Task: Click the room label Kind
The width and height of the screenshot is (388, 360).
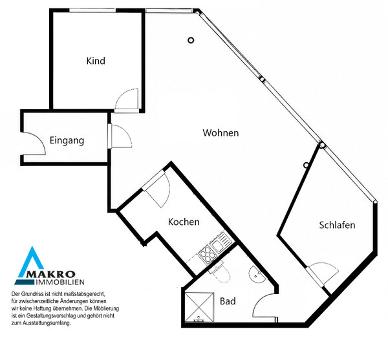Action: (96, 61)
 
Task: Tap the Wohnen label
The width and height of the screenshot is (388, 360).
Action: (221, 132)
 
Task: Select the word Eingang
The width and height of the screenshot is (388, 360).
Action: (67, 140)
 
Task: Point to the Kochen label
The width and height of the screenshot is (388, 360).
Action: (184, 222)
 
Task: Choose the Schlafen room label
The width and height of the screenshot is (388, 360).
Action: (337, 225)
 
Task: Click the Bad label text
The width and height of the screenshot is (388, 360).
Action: (228, 301)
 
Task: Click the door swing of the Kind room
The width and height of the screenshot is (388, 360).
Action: (127, 99)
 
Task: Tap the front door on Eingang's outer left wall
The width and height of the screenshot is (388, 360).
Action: (34, 143)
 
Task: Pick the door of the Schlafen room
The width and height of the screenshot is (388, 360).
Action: (321, 274)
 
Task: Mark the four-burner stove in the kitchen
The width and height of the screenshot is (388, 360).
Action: (206, 254)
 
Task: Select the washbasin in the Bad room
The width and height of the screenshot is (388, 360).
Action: (256, 275)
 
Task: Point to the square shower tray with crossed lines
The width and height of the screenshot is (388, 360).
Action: (199, 307)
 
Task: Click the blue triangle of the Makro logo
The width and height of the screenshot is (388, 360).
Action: (30, 262)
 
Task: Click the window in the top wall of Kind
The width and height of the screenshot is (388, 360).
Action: (92, 10)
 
